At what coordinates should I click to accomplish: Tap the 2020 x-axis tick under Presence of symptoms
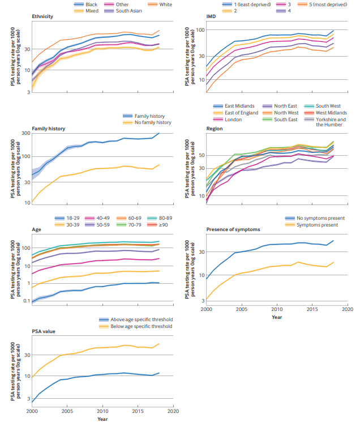pos(347,310)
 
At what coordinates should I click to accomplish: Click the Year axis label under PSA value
pos(102,419)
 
